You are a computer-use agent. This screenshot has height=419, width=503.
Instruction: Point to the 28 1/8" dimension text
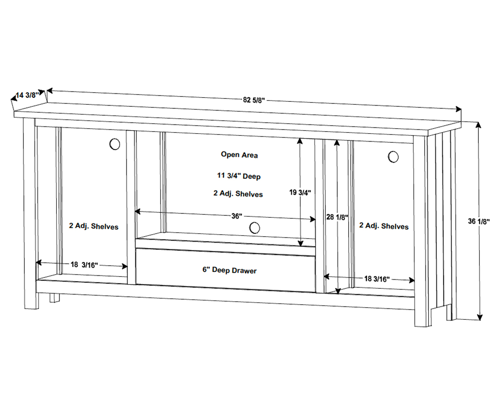coord(337,217)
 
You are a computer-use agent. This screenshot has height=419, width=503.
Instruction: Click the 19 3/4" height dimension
coord(300,193)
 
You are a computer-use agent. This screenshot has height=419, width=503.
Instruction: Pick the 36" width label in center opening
coord(237,216)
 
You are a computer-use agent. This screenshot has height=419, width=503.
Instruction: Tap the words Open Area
coord(239,155)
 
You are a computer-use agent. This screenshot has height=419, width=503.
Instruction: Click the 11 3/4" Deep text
coord(239,176)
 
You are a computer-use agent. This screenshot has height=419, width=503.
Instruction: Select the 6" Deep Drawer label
coord(229,271)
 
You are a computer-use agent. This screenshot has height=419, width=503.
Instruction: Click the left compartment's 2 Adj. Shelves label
coord(93,226)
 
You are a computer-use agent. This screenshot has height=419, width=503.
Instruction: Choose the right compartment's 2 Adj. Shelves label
coord(384,226)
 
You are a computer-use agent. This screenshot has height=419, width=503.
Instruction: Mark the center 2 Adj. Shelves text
coord(238,194)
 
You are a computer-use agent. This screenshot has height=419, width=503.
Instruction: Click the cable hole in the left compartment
coord(114,144)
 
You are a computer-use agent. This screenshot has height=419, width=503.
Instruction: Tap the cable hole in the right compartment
coord(393,157)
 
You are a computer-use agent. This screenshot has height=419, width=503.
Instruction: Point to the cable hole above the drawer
coord(254,228)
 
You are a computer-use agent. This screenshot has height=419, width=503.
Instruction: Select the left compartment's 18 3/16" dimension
coord(84,264)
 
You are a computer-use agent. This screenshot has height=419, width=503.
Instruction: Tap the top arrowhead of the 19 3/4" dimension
coord(300,142)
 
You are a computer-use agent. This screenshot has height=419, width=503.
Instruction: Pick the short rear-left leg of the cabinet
coord(54,298)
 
